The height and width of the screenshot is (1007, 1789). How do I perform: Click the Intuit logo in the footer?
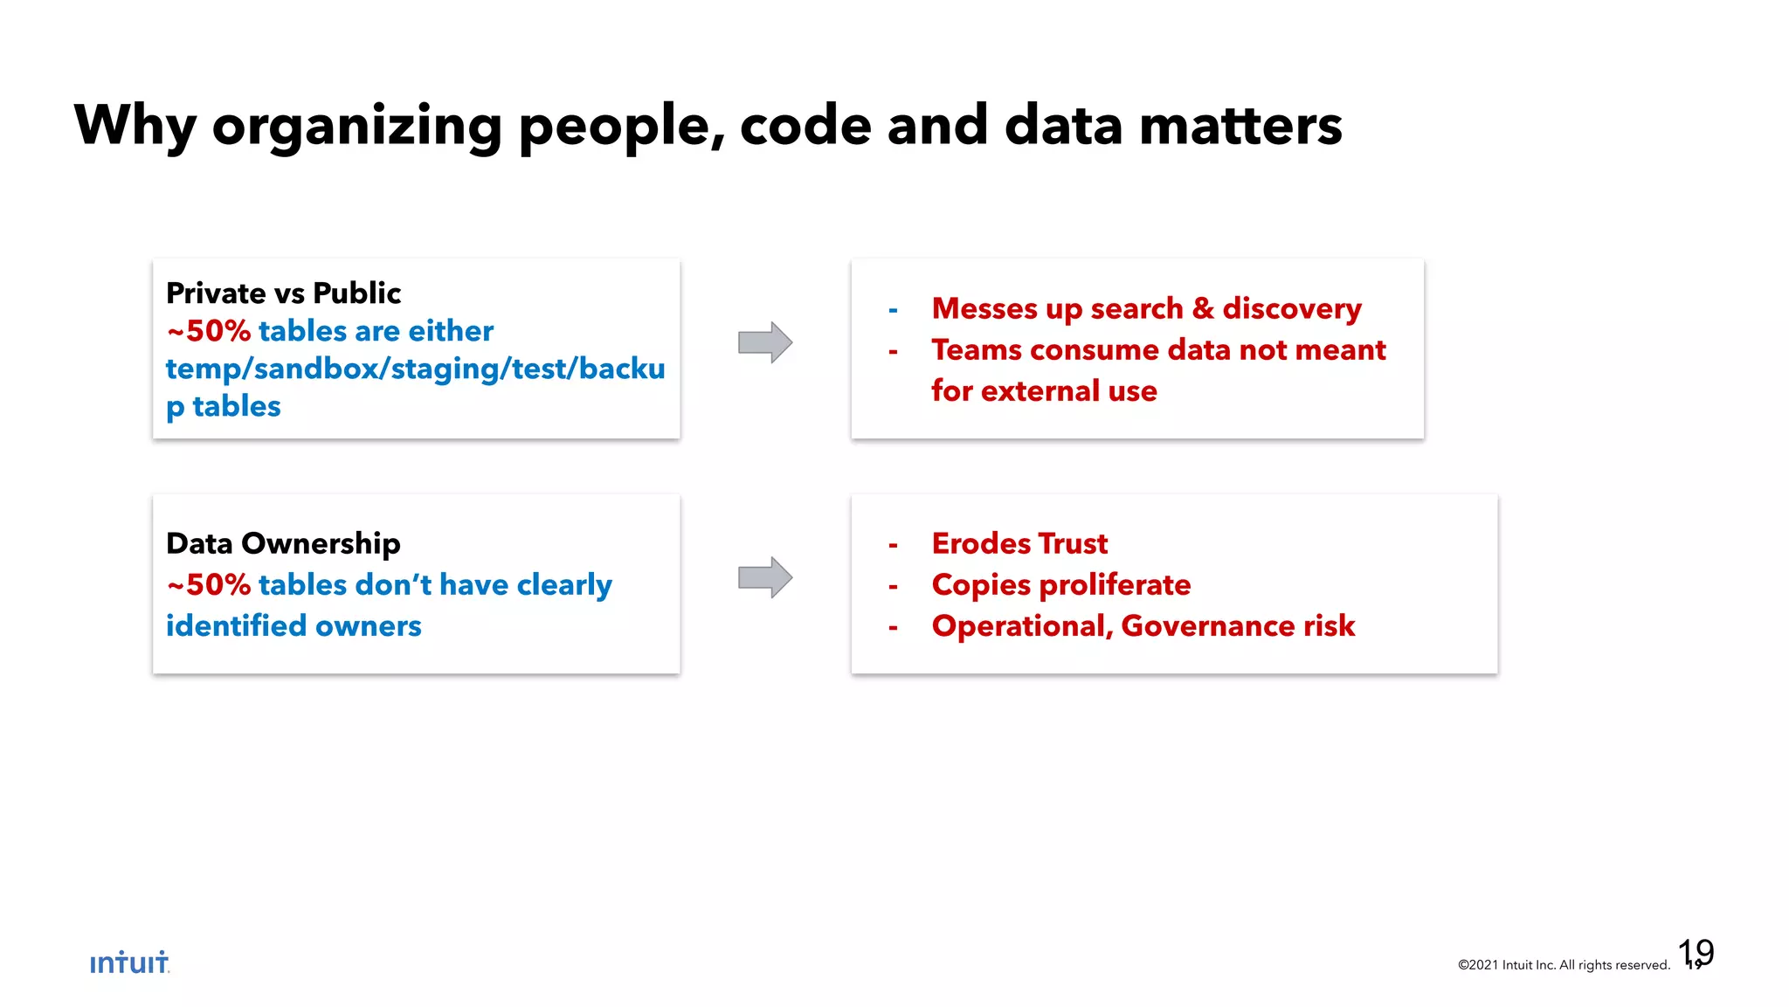pyautogui.click(x=129, y=962)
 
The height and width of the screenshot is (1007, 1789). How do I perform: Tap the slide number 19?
pyautogui.click(x=1696, y=953)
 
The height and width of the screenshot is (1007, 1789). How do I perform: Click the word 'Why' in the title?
pyautogui.click(x=135, y=126)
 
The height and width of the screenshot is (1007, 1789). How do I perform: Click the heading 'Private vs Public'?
pyautogui.click(x=283, y=293)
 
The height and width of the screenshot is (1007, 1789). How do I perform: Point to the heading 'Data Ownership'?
pyautogui.click(x=283, y=543)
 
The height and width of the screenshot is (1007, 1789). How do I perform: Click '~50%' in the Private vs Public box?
pyautogui.click(x=209, y=331)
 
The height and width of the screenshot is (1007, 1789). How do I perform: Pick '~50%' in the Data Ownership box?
pyautogui.click(x=209, y=584)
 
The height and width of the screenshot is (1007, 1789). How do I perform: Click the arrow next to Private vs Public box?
pyautogui.click(x=765, y=342)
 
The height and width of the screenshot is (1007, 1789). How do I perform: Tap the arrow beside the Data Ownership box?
pyautogui.click(x=765, y=577)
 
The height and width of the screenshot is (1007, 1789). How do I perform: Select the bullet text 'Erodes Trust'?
pyautogui.click(x=1019, y=543)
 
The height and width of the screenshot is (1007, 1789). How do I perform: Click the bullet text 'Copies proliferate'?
pyautogui.click(x=1060, y=584)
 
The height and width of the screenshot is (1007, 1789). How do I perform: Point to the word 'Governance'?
pyautogui.click(x=1207, y=626)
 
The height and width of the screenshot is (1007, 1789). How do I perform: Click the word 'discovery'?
pyautogui.click(x=1291, y=309)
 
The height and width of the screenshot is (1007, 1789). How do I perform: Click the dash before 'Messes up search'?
pyautogui.click(x=893, y=310)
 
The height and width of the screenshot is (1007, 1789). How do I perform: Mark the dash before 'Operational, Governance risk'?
pyautogui.click(x=893, y=627)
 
